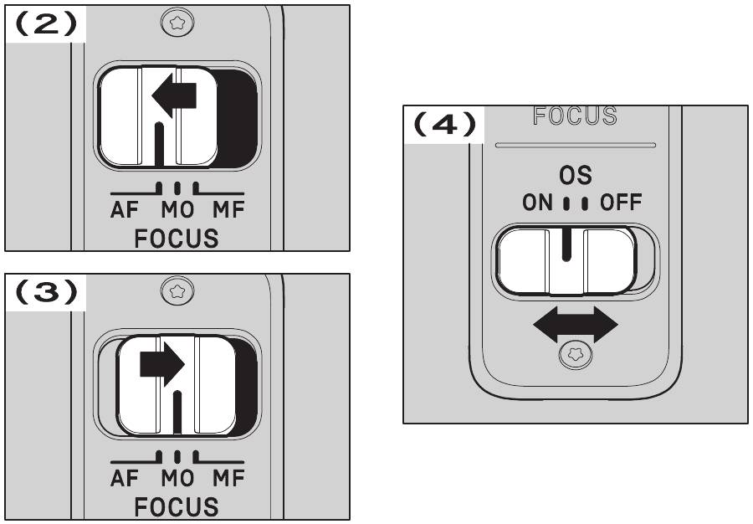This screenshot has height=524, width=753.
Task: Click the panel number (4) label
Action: tap(444, 126)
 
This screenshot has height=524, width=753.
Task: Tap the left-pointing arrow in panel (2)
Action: tap(174, 98)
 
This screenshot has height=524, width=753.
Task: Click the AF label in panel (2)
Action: tap(125, 211)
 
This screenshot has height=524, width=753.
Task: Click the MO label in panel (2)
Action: tap(177, 211)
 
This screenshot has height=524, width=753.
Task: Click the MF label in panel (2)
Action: tap(228, 211)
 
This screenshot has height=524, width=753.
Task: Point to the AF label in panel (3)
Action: tap(125, 480)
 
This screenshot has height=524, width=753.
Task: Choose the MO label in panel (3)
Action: tap(177, 480)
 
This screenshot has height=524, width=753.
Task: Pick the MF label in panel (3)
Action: tap(228, 480)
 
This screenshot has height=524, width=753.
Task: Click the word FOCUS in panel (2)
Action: tap(177, 238)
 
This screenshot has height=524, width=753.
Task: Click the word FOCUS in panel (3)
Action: tap(177, 506)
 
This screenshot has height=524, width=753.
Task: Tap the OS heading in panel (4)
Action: tap(576, 175)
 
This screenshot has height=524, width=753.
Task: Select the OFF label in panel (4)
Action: tap(620, 203)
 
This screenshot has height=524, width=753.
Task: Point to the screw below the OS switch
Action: tap(576, 356)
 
